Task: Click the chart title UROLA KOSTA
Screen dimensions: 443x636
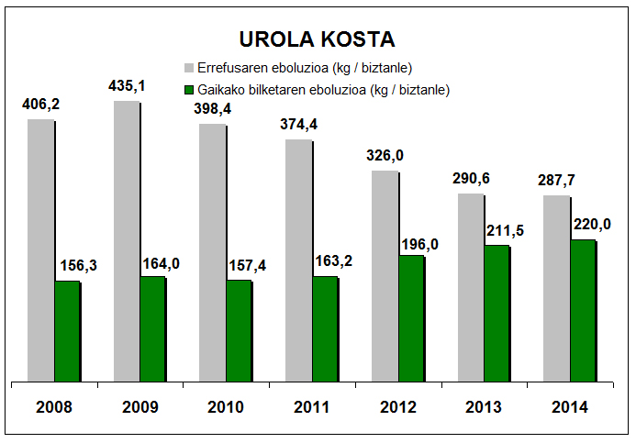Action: [317, 39]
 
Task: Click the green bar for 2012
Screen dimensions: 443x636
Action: [410, 317]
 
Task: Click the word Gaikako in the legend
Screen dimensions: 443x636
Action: [221, 90]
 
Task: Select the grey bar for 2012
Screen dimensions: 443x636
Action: [385, 275]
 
